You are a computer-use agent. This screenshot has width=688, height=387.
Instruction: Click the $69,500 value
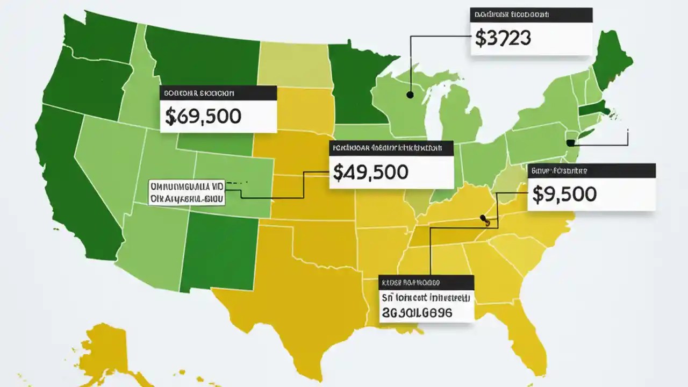[203, 116]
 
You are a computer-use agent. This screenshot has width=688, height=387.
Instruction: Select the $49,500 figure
[370, 171]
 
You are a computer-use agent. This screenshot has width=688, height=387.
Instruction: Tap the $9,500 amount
[564, 194]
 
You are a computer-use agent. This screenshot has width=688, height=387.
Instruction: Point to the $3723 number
[503, 38]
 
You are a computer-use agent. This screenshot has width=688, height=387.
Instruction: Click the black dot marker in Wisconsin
[410, 95]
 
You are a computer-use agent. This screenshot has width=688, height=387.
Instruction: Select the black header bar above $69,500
[218, 93]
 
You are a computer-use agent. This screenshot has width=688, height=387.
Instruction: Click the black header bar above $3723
[531, 15]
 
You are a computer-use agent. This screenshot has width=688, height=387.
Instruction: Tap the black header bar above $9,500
[591, 171]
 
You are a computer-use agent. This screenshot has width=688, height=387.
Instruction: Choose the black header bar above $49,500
[391, 148]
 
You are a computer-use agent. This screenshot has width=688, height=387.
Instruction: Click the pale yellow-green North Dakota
[293, 64]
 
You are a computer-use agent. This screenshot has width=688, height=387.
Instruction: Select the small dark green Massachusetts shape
[594, 111]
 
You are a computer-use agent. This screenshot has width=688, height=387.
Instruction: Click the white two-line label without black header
[187, 192]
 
